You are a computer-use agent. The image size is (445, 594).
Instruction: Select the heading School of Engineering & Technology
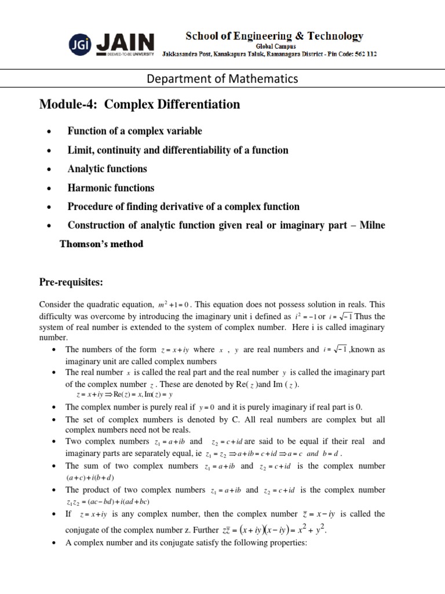coord(274,36)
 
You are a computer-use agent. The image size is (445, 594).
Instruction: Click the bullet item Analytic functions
coord(107,169)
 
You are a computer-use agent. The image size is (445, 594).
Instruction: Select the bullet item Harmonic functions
coord(111,188)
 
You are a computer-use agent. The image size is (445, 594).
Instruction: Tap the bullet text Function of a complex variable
coord(134,131)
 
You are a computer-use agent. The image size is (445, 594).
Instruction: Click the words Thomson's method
coord(101,244)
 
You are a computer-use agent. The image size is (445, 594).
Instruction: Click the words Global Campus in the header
coord(274,46)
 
